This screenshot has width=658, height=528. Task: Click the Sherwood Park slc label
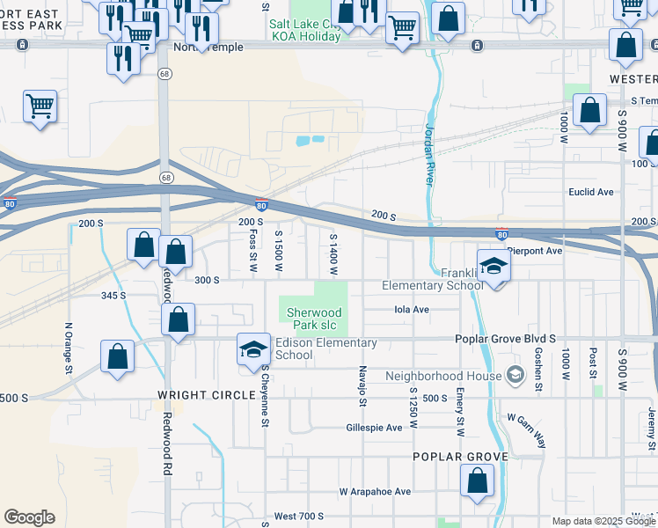(x=314, y=319)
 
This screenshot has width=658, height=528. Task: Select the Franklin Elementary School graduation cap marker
(x=494, y=267)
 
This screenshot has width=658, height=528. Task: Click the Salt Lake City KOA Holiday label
(x=304, y=31)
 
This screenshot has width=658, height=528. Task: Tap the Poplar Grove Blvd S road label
(x=505, y=338)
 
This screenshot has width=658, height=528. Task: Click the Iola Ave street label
(x=409, y=310)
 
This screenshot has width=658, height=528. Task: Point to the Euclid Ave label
(x=591, y=192)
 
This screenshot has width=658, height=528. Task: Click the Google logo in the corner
(x=29, y=517)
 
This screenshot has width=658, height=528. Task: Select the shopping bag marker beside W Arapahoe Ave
(x=476, y=482)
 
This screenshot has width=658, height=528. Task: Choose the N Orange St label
(x=68, y=348)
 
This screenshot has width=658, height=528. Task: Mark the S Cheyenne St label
(x=264, y=397)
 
